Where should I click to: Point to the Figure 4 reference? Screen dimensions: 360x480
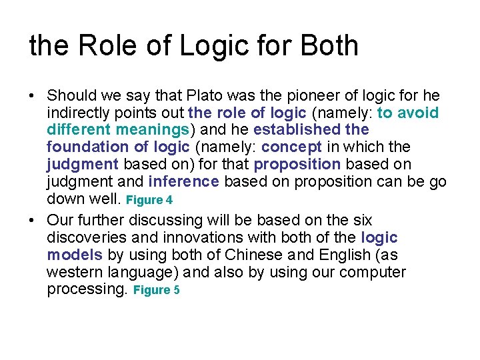(149, 200)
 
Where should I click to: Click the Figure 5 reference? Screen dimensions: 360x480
(157, 291)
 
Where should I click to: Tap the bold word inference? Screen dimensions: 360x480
(183, 181)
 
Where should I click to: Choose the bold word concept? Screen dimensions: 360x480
(292, 147)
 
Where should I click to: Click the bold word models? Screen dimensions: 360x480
(74, 255)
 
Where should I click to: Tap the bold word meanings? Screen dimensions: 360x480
(151, 129)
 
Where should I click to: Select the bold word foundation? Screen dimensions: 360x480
(85, 147)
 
